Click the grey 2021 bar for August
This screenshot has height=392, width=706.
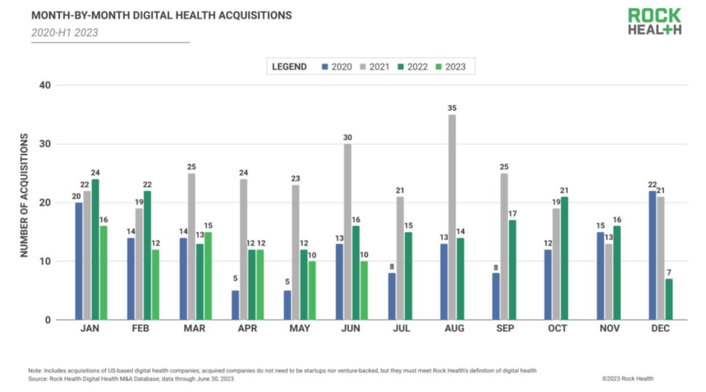tap(452, 217)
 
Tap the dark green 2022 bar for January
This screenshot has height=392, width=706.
tap(95, 249)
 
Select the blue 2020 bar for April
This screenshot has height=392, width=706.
tap(235, 305)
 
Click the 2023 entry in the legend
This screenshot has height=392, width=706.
tap(450, 66)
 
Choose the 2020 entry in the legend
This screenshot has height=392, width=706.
tap(337, 66)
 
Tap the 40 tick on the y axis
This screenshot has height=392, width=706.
tap(45, 85)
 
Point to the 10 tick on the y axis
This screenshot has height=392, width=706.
tap(45, 261)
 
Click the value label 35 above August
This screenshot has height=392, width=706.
tap(452, 108)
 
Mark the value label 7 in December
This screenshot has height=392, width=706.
tap(668, 272)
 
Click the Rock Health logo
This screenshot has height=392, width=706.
tap(654, 22)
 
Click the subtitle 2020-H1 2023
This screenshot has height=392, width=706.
tap(64, 32)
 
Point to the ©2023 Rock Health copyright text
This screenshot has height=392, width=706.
tap(628, 378)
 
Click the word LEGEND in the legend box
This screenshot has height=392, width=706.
tap(289, 66)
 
